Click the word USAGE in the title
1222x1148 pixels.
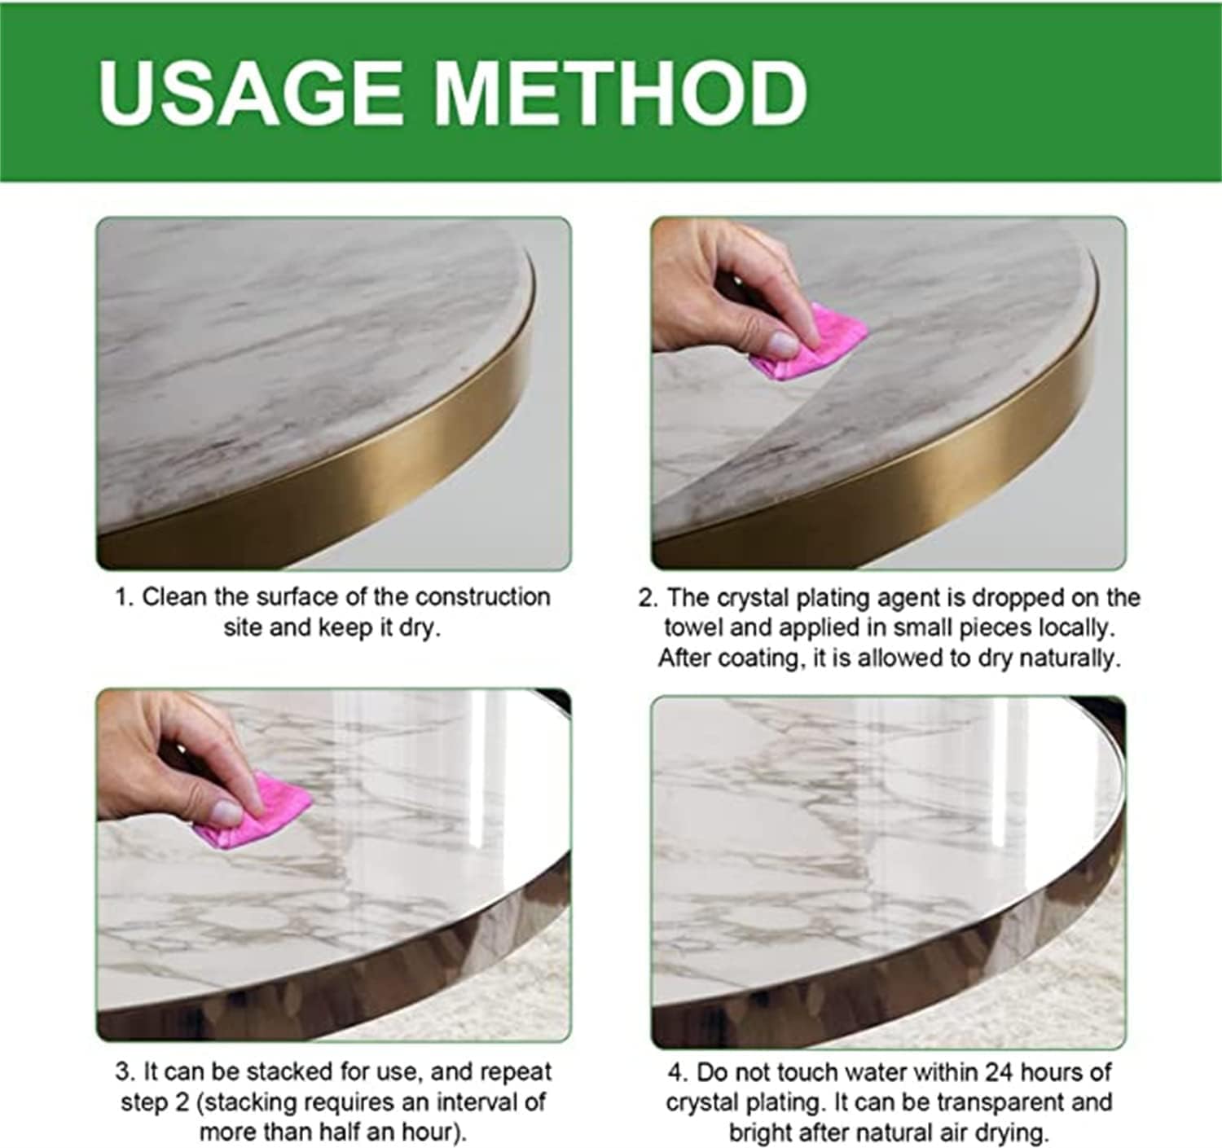249,93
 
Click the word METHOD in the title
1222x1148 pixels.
622,93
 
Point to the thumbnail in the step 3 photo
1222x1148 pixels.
226,814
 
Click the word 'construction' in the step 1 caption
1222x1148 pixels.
482,597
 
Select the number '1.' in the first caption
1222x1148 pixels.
125,597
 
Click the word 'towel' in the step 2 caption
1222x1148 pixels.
693,628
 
